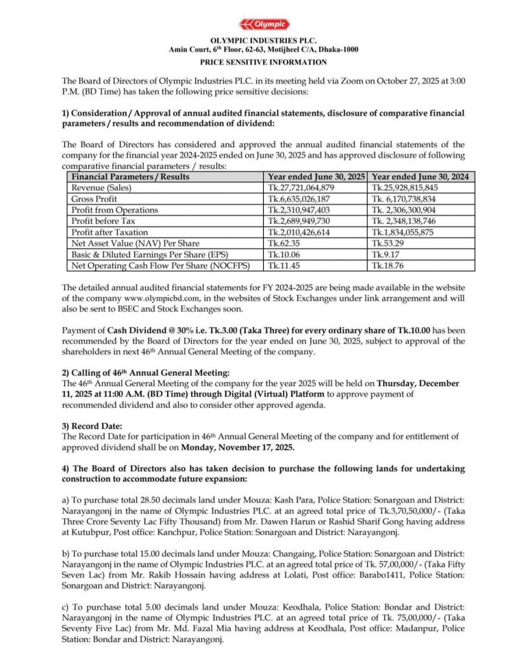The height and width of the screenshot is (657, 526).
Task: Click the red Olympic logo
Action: [263, 25]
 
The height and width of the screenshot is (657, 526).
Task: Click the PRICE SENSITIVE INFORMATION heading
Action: [263, 62]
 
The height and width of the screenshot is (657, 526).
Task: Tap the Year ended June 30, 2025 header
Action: [316, 177]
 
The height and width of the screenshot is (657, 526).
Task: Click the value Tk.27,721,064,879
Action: [301, 188]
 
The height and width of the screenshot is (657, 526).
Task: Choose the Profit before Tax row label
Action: [105, 220]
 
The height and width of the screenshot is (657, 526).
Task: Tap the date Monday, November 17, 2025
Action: [238, 447]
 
